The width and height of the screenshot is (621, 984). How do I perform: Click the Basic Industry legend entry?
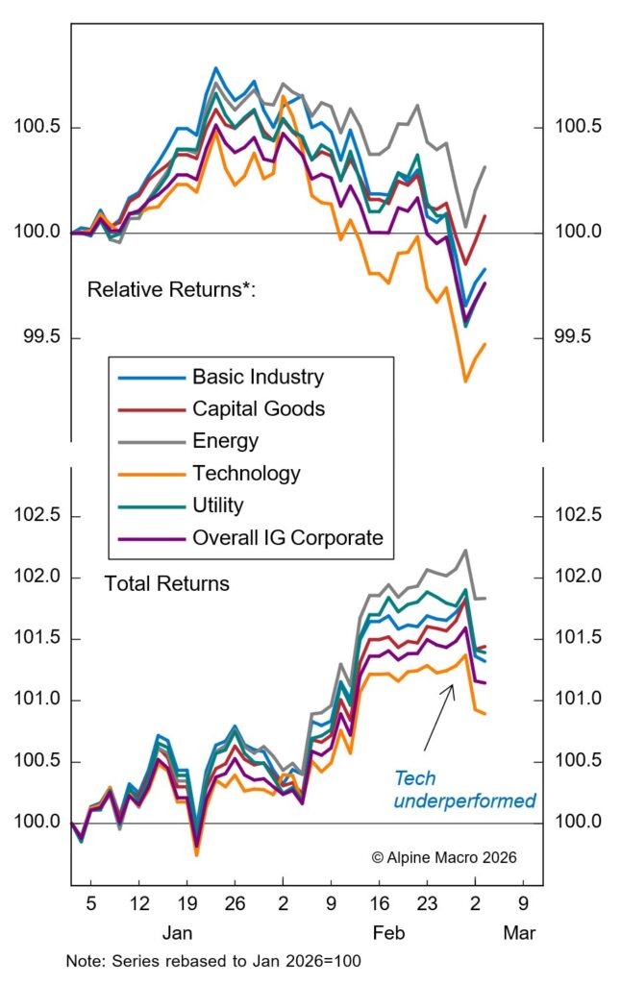(x=258, y=377)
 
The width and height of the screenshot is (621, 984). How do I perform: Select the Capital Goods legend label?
(x=258, y=408)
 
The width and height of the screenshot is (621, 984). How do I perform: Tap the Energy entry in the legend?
(x=224, y=441)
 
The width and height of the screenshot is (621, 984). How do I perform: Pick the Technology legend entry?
(x=246, y=474)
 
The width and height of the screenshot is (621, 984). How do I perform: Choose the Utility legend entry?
(x=218, y=505)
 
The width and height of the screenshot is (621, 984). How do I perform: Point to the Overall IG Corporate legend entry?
(x=286, y=538)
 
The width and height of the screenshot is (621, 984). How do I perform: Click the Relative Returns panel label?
(x=171, y=288)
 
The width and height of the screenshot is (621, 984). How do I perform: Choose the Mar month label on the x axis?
(x=520, y=933)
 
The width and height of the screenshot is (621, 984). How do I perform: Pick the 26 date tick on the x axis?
(x=235, y=904)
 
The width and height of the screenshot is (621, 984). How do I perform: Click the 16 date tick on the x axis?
(x=379, y=904)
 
